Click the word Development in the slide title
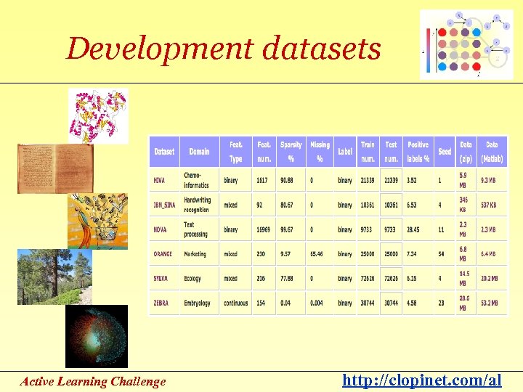pyautogui.click(x=159, y=49)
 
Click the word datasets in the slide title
pyautogui.click(x=320, y=49)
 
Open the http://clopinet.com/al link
pyautogui.click(x=421, y=379)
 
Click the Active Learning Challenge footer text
pyautogui.click(x=93, y=381)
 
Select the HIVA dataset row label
pyautogui.click(x=160, y=180)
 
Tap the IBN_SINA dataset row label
pyautogui.click(x=164, y=205)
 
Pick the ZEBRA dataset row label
pyautogui.click(x=162, y=303)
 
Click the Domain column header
pyautogui.click(x=199, y=152)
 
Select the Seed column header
pyautogui.click(x=445, y=152)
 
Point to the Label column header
pyautogui.click(x=345, y=152)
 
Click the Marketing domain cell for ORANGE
pyautogui.click(x=195, y=254)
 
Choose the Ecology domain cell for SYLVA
pyautogui.click(x=192, y=278)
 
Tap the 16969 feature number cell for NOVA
pyautogui.click(x=263, y=229)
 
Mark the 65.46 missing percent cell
pyautogui.click(x=318, y=254)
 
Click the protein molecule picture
pyautogui.click(x=99, y=116)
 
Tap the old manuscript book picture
pyautogui.click(x=46, y=168)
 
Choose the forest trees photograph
pyautogui.click(x=45, y=277)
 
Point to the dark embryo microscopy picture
pyautogui.click(x=96, y=336)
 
